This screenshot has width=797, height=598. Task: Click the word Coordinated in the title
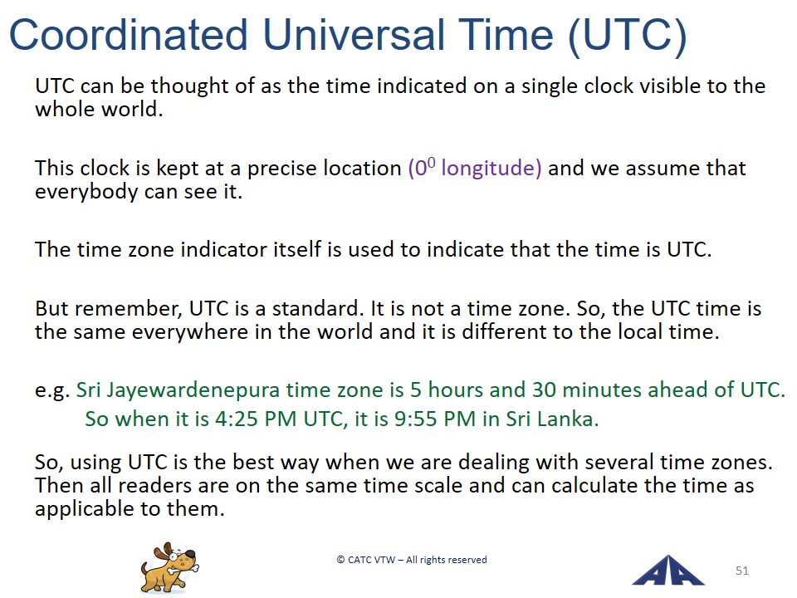129,35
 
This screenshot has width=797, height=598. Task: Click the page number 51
742,571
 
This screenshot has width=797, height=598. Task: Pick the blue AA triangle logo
667,571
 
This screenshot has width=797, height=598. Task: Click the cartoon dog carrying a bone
169,567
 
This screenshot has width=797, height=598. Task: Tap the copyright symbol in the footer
340,560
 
